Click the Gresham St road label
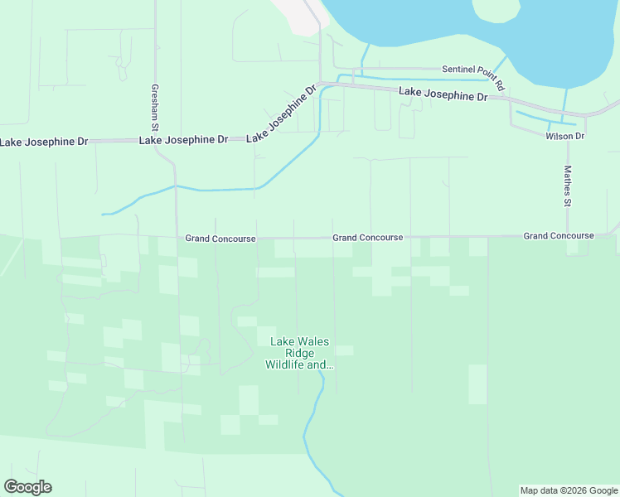point(154,104)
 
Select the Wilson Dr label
point(565,136)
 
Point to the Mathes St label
point(568,186)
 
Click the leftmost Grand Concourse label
point(220,239)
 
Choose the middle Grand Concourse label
point(368,238)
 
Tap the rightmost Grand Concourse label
point(559,236)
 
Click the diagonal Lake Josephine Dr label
point(282,113)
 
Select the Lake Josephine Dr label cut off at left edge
point(44,142)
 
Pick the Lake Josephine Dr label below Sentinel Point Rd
point(443,94)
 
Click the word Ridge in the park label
point(298,353)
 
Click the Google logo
point(27,487)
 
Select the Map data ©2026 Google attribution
point(569,490)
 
